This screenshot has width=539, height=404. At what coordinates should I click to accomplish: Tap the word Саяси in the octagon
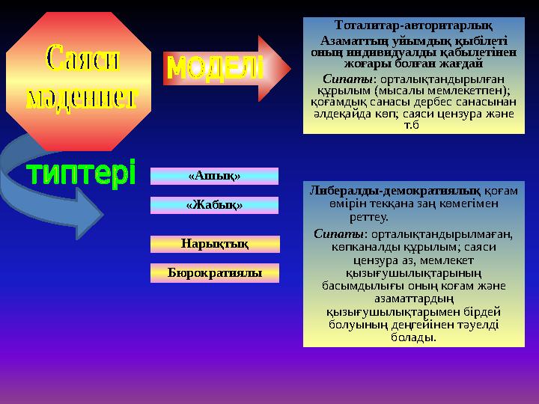82,59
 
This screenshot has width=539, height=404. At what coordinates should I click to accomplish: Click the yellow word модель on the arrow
214,69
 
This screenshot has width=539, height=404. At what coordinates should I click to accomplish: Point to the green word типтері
82,175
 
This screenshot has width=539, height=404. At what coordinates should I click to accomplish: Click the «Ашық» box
214,176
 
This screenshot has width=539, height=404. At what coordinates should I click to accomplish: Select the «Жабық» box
214,204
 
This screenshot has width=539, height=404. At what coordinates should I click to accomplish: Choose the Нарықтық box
214,243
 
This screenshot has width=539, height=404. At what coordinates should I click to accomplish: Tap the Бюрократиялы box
214,272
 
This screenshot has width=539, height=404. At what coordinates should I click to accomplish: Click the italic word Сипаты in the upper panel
339,79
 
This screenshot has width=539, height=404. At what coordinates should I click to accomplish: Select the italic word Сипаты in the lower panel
329,234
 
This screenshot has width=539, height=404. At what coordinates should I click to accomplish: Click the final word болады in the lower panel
413,337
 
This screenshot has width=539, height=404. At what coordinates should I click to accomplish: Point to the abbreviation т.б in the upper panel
410,124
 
